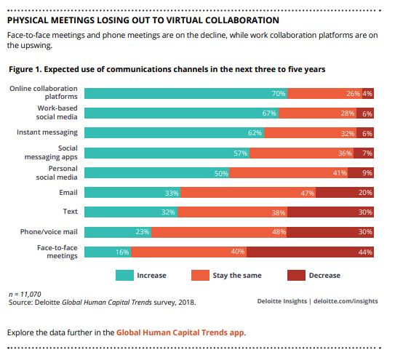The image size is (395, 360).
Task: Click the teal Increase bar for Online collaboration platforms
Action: (x=185, y=93)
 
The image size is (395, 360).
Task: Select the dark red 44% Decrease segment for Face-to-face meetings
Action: (x=311, y=252)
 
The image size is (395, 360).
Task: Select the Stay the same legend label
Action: (x=236, y=276)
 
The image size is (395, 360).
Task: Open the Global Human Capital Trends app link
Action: (x=180, y=332)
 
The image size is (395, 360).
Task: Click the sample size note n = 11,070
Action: (x=24, y=292)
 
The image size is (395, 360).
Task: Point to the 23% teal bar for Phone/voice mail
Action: (x=118, y=232)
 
